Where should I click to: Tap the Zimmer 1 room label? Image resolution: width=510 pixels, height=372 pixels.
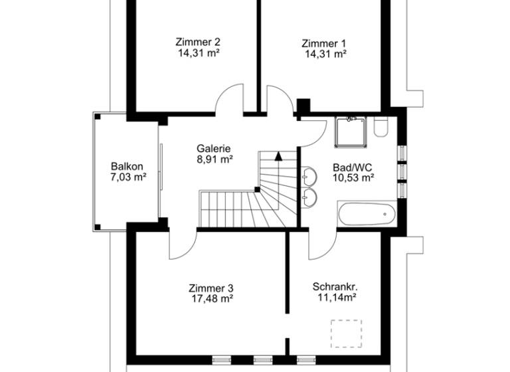pos(323,43)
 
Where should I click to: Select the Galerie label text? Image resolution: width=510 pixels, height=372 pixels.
pos(214,148)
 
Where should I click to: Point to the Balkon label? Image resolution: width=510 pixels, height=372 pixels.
pos(127,166)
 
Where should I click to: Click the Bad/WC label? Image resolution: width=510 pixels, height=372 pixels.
pos(352,166)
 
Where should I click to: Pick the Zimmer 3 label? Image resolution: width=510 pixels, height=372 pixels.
pos(211,288)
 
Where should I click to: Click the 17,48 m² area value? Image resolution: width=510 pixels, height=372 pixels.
pos(211,299)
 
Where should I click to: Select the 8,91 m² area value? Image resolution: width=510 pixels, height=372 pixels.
pos(214,159)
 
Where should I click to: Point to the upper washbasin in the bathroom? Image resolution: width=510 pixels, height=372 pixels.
pos(309,176)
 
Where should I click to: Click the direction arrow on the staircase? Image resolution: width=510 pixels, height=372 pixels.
pos(278,157)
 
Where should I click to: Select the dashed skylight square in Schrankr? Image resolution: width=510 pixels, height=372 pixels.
pos(347,333)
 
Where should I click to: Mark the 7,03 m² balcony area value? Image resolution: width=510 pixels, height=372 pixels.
pos(127,177)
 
